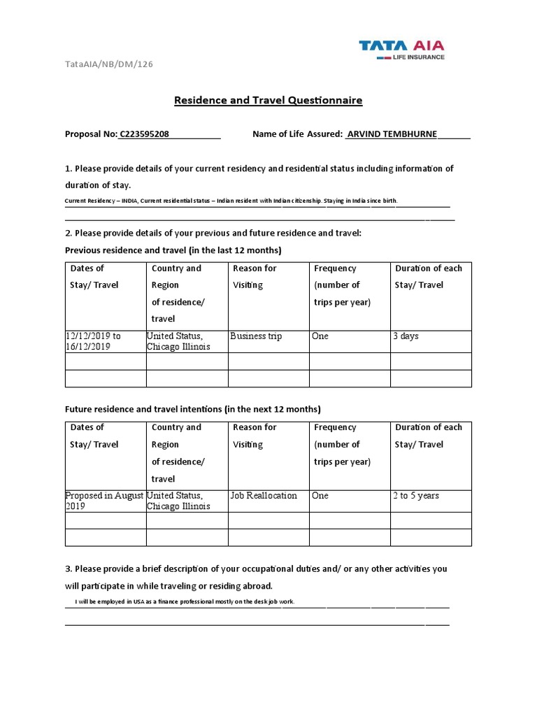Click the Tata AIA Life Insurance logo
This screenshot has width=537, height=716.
401,49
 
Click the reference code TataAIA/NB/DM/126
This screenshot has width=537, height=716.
108,64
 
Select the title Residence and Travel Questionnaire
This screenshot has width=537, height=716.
268,101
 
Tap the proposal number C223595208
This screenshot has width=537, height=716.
145,134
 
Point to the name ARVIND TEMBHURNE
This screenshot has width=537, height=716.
392,134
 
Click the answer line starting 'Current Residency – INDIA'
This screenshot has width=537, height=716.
231,201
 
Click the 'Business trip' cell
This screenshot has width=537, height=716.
256,336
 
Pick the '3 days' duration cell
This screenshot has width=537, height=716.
406,336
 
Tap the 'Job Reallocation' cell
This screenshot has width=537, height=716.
264,496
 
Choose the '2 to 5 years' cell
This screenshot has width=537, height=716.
416,496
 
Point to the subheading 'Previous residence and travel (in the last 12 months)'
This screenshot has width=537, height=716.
173,250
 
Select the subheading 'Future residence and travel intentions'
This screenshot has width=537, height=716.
192,409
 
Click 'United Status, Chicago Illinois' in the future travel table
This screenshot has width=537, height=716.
178,501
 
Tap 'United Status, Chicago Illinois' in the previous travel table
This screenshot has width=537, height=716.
178,341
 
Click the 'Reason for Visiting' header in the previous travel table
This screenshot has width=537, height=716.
255,277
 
